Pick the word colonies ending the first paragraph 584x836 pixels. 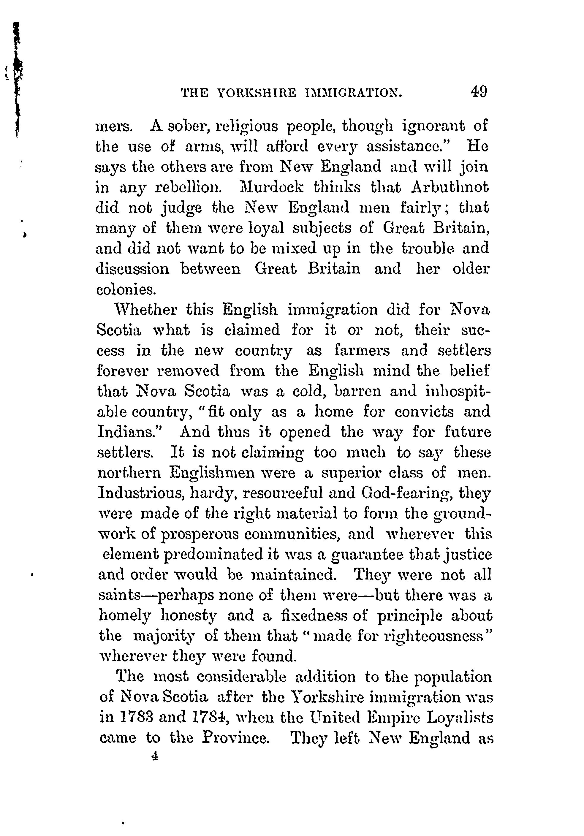click(126, 289)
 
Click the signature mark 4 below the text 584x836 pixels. click(155, 757)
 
